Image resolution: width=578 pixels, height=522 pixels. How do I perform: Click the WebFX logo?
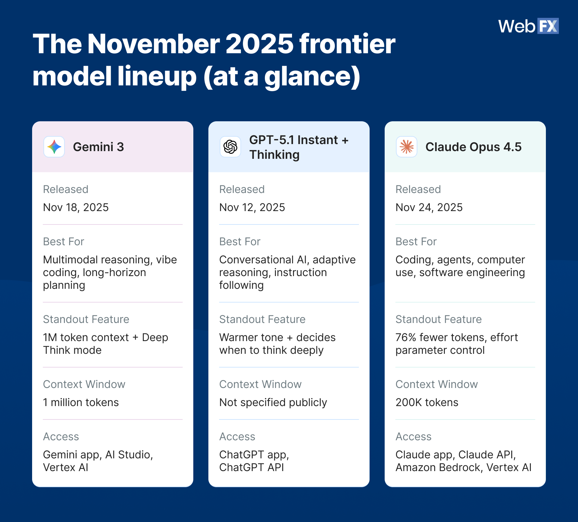[x=528, y=26]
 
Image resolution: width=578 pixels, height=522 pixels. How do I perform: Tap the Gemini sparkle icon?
[x=54, y=147]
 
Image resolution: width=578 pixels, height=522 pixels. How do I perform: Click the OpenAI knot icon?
[x=230, y=147]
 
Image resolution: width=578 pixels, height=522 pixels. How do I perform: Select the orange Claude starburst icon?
[x=407, y=147]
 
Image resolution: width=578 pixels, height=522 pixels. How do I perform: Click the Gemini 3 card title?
[x=98, y=147]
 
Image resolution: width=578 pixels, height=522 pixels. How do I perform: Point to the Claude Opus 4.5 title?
[x=473, y=147]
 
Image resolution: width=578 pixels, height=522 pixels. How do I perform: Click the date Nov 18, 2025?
[x=76, y=207]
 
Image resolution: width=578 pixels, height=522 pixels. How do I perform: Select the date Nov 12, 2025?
[x=252, y=207]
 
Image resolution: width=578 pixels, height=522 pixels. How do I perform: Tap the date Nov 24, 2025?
[x=429, y=207]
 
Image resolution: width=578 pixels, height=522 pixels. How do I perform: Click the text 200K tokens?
[x=427, y=402]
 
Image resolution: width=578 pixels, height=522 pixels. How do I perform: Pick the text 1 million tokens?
[x=81, y=402]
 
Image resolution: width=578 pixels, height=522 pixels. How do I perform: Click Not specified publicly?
[x=273, y=402]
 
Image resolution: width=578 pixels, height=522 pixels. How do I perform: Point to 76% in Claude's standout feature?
[x=406, y=337]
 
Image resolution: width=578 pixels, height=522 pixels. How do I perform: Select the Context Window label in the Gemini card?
[x=84, y=384]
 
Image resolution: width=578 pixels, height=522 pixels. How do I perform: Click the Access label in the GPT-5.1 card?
[x=237, y=437]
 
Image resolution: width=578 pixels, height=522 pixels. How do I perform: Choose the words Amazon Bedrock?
[x=438, y=467]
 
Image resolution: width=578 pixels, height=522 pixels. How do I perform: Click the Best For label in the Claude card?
[x=416, y=242]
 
